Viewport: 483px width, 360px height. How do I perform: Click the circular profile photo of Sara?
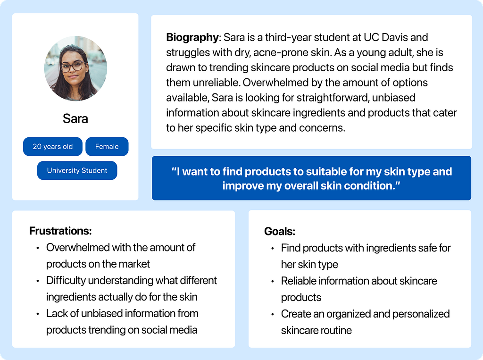click(x=76, y=68)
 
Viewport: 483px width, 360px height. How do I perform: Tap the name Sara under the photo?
click(x=75, y=119)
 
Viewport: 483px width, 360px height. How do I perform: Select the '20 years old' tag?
click(x=53, y=146)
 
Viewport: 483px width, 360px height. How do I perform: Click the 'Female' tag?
click(x=107, y=146)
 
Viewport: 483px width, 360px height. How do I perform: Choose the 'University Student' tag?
click(x=77, y=170)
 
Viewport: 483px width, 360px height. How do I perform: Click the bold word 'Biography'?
click(x=192, y=38)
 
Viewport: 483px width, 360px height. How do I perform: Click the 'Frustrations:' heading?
click(x=60, y=231)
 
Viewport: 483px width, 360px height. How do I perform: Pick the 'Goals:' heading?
click(x=280, y=231)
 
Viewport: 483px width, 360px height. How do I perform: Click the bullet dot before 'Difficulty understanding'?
click(x=38, y=281)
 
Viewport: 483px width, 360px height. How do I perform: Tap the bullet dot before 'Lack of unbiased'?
click(x=38, y=314)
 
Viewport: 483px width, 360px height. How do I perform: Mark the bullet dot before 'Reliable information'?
click(x=273, y=282)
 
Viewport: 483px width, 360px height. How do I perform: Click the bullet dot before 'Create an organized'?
click(x=273, y=315)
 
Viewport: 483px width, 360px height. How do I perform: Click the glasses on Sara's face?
click(x=72, y=66)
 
